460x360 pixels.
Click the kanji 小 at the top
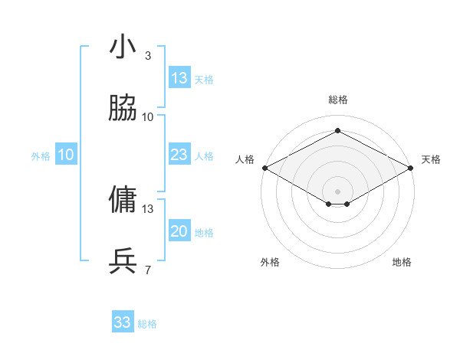coord(123,47)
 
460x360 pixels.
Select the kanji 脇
coord(123,108)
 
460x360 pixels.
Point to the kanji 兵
coord(123,261)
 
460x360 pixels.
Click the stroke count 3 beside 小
coord(147,55)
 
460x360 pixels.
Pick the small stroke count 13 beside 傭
coord(148,208)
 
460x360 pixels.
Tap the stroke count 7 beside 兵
coord(147,270)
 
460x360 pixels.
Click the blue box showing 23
coord(179,155)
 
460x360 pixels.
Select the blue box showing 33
coord(123,322)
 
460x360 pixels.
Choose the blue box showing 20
coord(179,231)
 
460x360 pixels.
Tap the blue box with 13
coord(179,78)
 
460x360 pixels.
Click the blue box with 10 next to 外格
coord(66,155)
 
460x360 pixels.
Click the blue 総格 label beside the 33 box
coord(148,324)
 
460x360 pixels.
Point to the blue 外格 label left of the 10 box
coord(41,156)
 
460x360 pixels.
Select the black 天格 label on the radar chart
coord(431,159)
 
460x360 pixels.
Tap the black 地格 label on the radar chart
coord(402,262)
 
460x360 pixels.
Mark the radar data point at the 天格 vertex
coord(412,168)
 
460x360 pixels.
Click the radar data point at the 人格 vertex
coord(264,168)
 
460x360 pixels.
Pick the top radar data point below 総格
coord(337,131)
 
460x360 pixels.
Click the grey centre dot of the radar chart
coord(337,191)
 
